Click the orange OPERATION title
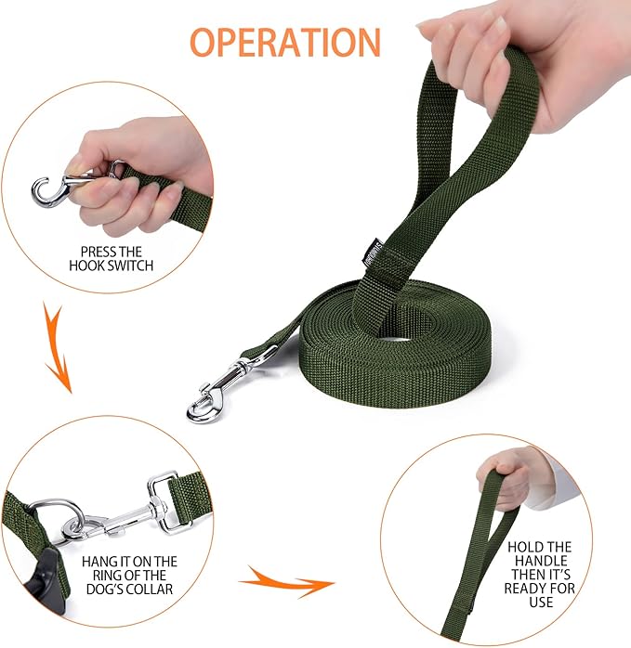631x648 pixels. click(285, 43)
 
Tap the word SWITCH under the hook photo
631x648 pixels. click(132, 266)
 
